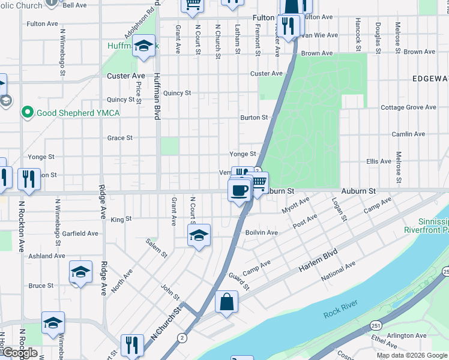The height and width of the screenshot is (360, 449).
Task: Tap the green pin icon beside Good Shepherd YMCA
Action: pyautogui.click(x=27, y=112)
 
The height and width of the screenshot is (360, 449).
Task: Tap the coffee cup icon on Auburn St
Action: pyautogui.click(x=239, y=191)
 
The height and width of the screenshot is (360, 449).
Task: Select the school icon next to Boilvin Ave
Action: pyautogui.click(x=199, y=236)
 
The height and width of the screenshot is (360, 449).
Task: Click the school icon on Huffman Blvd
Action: pyautogui.click(x=144, y=46)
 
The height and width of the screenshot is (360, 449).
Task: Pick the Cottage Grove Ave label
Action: pyautogui.click(x=408, y=107)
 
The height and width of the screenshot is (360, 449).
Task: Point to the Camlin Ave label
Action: pyautogui.click(x=408, y=134)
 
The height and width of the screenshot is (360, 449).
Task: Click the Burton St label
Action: pyautogui.click(x=253, y=118)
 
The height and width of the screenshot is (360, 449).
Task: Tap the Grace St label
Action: pyautogui.click(x=119, y=138)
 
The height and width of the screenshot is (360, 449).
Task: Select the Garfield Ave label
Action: pyautogui.click(x=80, y=233)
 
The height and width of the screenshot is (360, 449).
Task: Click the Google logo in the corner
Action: pyautogui.click(x=19, y=352)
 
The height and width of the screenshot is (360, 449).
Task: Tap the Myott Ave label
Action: pyautogui.click(x=295, y=205)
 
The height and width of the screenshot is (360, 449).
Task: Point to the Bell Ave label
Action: pyautogui.click(x=75, y=5)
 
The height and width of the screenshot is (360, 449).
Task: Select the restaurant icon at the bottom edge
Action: pyautogui.click(x=132, y=345)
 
